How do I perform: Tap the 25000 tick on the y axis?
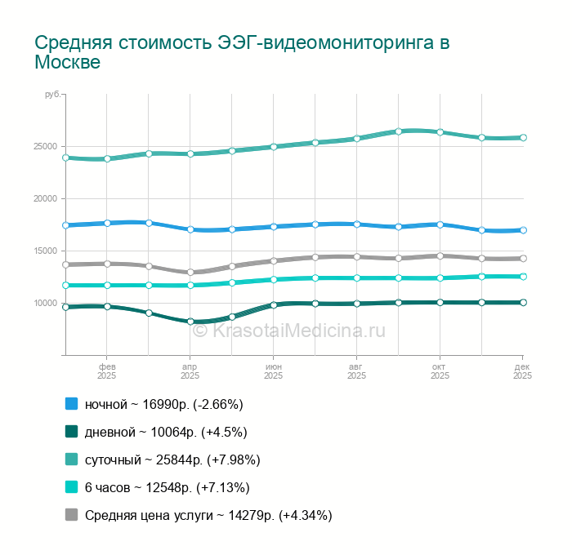[45, 147]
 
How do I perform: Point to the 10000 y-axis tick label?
[45, 304]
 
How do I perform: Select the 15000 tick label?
[45, 251]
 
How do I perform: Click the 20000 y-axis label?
[45, 199]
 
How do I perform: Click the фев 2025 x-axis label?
[107, 371]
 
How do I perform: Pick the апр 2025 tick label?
[190, 371]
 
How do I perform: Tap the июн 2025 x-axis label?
[274, 371]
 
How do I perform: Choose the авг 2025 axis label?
[356, 371]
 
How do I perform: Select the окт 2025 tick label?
[440, 371]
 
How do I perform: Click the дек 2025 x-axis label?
[522, 371]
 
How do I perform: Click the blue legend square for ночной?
[71, 404]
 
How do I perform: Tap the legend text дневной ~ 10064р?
[166, 432]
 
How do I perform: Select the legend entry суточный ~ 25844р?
[172, 460]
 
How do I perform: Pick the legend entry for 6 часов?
[167, 487]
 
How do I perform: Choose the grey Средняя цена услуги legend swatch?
[71, 515]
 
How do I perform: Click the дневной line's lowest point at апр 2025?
[190, 322]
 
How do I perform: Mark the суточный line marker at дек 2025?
[523, 138]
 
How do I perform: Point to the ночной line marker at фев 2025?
[107, 223]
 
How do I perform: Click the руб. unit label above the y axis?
[52, 96]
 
